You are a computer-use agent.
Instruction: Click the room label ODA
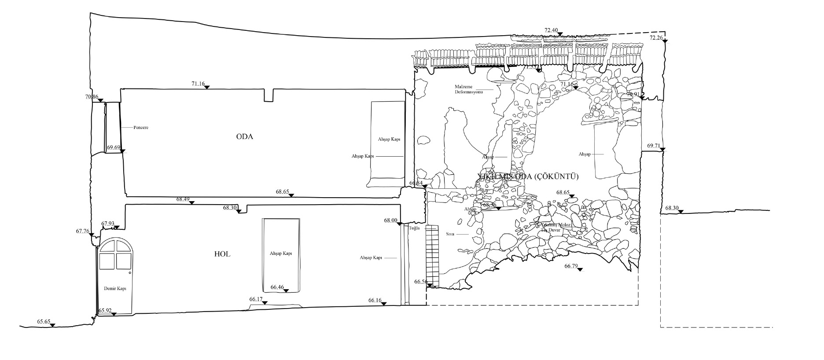(245, 136)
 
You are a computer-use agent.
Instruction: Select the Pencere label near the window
(141, 128)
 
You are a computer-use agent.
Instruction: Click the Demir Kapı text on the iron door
(115, 289)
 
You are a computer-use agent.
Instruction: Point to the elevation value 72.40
(551, 30)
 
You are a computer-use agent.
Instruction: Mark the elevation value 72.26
(656, 38)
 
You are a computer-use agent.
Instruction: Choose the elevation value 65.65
(44, 322)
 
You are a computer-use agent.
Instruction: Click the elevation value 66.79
(571, 266)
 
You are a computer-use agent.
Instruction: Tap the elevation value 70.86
(92, 97)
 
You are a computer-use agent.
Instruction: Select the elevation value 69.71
(654, 146)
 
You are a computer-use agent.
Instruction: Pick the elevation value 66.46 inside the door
(277, 287)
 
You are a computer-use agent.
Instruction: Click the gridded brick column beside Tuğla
(432, 255)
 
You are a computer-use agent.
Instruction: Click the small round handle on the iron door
(130, 272)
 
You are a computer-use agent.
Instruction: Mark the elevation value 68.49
(183, 199)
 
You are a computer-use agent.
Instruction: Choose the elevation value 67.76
(83, 231)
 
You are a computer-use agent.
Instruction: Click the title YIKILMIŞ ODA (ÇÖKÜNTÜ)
(528, 177)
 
